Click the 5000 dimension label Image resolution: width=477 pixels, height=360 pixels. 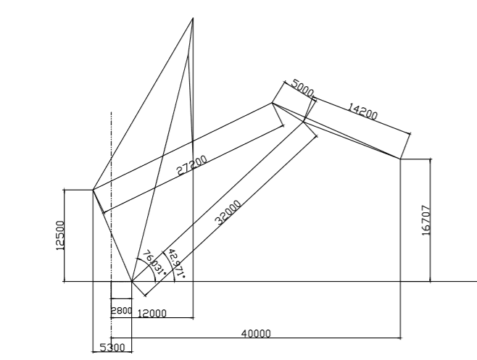[302, 88]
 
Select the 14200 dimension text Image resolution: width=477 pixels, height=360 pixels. [362, 111]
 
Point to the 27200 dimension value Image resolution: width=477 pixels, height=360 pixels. [193, 166]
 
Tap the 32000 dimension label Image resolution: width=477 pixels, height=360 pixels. [229, 213]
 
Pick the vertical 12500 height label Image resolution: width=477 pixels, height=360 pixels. [59, 235]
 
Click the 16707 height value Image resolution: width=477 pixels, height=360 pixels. [426, 219]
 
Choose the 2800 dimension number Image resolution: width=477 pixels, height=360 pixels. [120, 311]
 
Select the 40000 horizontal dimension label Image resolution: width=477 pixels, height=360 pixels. [255, 333]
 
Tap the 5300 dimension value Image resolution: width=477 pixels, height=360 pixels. [112, 348]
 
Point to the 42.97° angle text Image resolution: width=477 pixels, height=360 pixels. [176, 263]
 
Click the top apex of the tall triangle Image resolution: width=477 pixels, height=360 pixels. [193, 18]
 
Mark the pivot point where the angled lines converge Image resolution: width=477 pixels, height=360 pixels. [131, 281]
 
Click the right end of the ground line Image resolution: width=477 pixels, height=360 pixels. [476, 281]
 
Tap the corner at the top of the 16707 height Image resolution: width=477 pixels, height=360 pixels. [401, 158]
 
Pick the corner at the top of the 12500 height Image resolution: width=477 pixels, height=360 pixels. [93, 190]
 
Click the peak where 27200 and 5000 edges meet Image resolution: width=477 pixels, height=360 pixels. [273, 103]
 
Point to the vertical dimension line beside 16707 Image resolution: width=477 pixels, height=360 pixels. [431, 219]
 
